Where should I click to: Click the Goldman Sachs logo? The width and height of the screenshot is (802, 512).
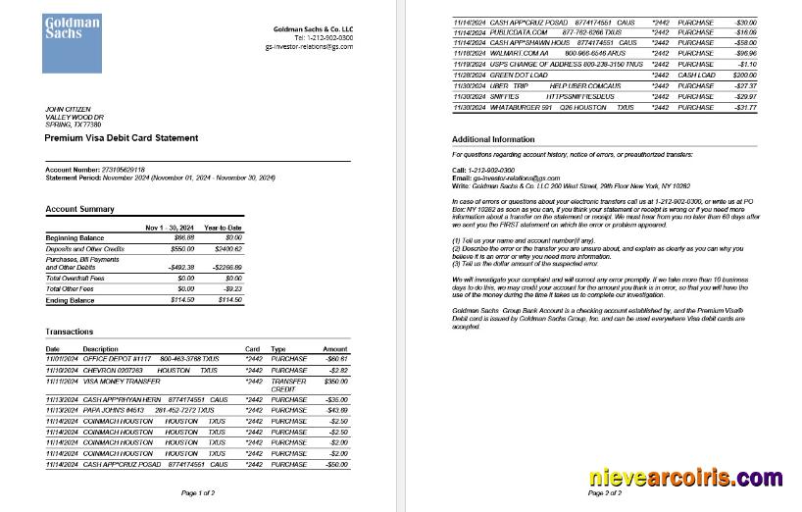71,42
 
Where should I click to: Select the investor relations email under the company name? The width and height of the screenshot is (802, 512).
309,46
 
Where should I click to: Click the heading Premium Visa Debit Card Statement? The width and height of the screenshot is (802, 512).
121,138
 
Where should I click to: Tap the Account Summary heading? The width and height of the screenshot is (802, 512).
79,209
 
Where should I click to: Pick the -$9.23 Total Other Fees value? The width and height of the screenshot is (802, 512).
231,289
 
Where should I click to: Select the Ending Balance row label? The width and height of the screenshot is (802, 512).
72,299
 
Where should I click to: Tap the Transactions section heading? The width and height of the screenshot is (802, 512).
70,332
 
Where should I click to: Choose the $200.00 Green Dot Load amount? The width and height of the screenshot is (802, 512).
744,75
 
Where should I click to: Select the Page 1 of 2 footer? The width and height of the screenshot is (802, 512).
198,492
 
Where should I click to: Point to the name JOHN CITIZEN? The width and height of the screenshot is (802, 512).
70,109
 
